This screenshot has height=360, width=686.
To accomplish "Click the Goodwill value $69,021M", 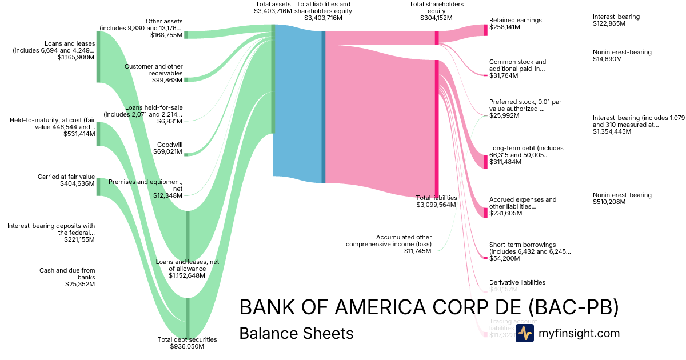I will click(168, 152).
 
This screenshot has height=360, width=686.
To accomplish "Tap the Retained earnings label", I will click(515, 20).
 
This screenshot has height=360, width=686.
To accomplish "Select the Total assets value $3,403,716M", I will click(273, 11).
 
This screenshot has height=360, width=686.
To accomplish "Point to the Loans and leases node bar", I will click(98, 57).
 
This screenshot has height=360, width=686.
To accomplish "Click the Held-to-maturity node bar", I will click(98, 134).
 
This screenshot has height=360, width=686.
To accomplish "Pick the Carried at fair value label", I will click(66, 177).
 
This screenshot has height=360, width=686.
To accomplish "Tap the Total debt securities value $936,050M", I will click(187, 346).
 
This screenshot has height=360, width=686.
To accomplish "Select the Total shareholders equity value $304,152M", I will click(436, 18).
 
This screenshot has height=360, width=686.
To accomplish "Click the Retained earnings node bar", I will click(485, 30).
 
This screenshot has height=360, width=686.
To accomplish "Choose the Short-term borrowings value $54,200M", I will click(504, 258).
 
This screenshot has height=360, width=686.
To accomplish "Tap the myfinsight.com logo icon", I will click(524, 333).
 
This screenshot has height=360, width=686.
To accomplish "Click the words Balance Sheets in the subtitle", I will click(296, 333).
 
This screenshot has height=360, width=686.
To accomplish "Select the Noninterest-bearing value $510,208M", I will click(609, 202).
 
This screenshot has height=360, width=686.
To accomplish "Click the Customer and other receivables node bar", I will click(185, 79).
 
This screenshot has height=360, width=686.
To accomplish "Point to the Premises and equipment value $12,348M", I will click(167, 195).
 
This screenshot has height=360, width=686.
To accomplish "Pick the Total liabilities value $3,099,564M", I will click(436, 205).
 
